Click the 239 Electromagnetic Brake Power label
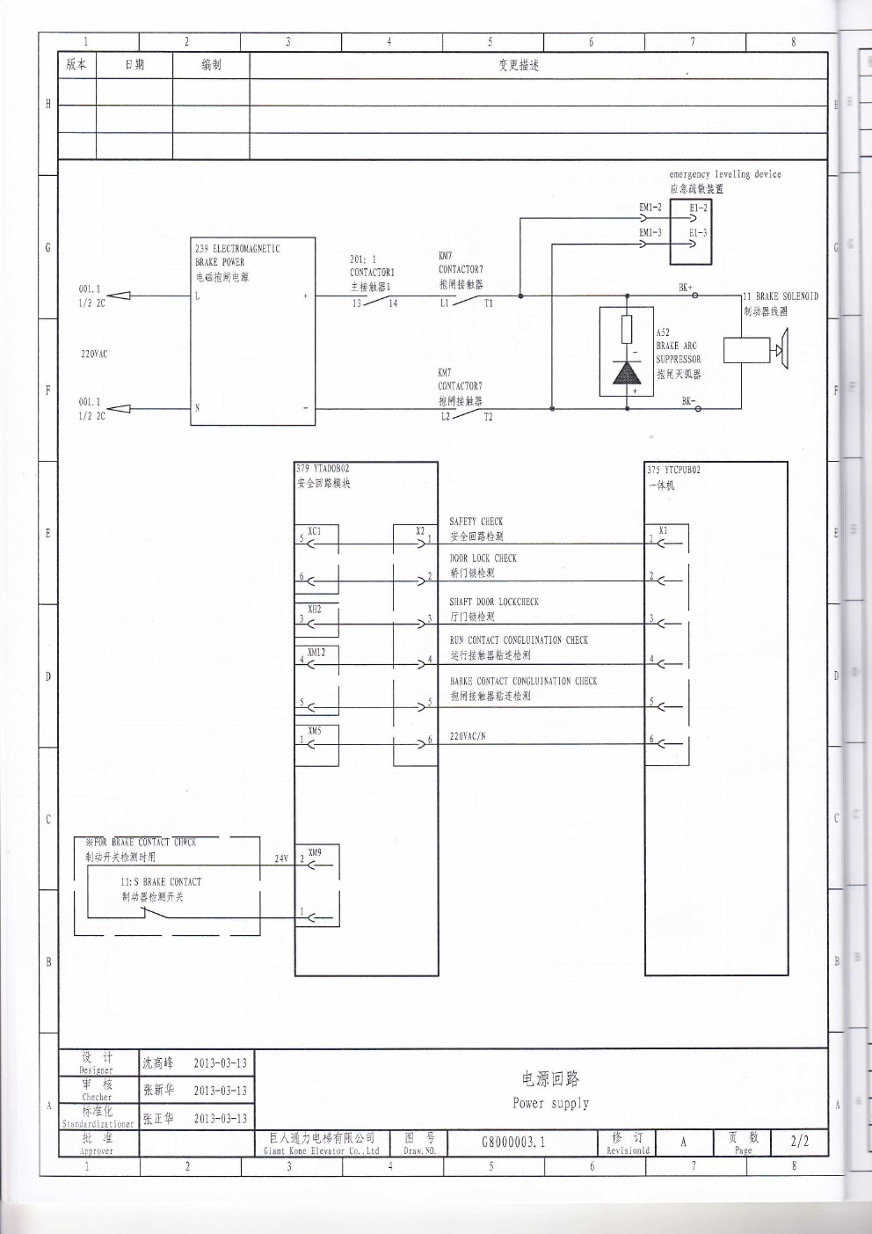236,255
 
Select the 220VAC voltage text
94,354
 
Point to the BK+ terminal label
685,287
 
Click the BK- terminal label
687,401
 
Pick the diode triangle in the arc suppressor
627,372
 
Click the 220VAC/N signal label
468,736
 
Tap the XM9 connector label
315,852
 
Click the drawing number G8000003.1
513,1142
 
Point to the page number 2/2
799,1142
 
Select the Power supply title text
550,1103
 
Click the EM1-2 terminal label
650,208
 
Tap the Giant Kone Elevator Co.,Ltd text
321,1150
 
